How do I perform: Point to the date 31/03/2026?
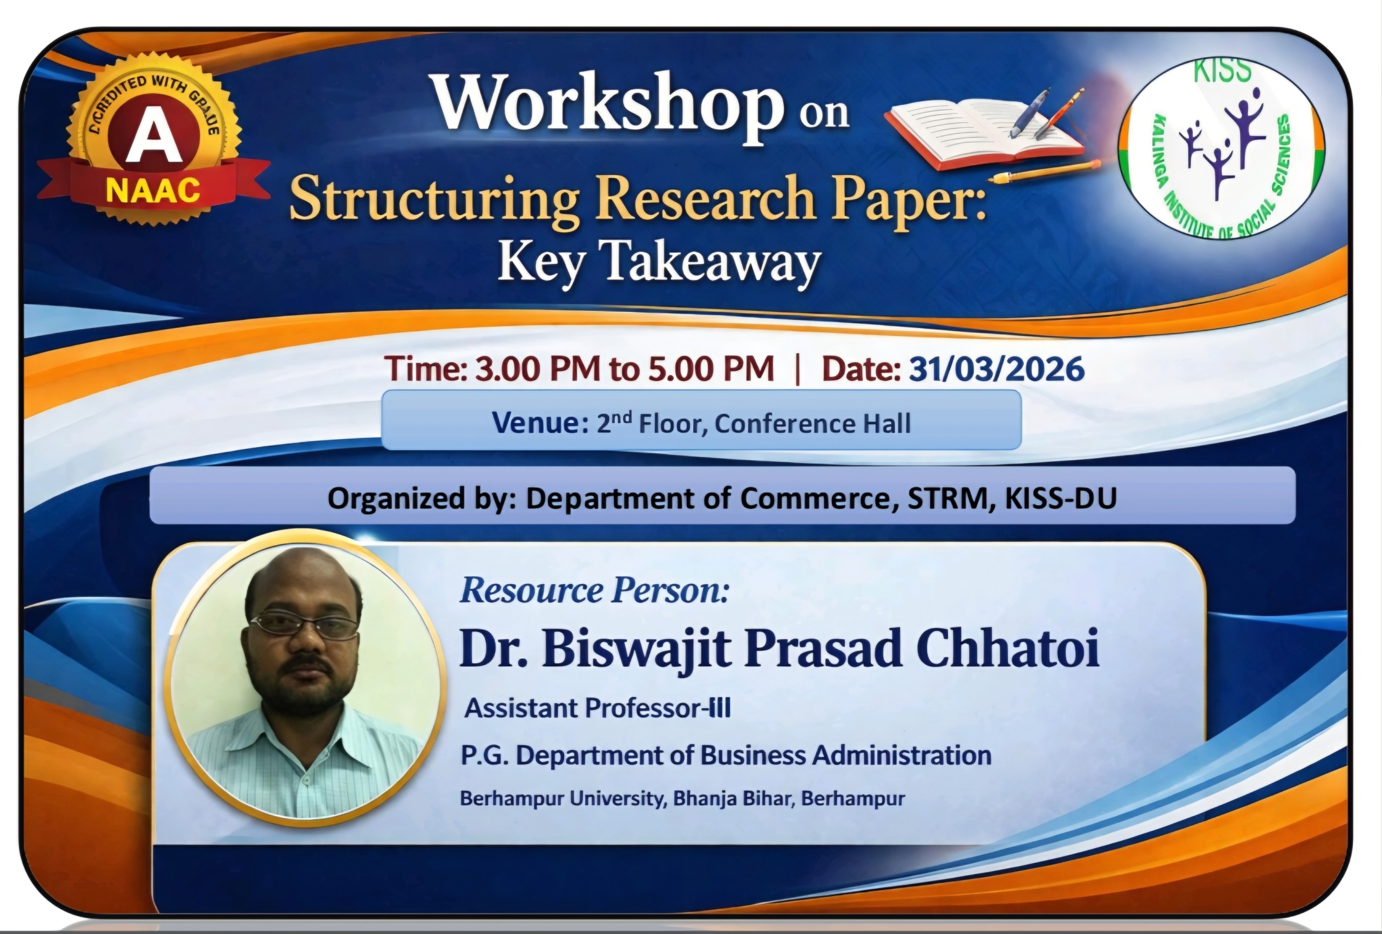pos(997,369)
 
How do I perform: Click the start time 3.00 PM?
pos(538,369)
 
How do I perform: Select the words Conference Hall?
pos(813,424)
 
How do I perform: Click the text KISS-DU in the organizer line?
pos(1061,498)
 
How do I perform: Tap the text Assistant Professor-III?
pos(598,708)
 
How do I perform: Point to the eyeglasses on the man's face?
pos(304,625)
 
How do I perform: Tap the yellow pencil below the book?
pos(1044,171)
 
